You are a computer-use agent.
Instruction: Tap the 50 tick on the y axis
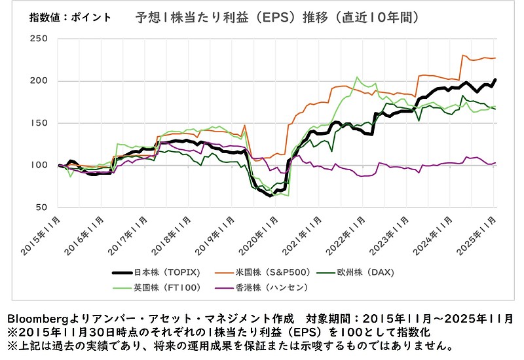click(x=41, y=207)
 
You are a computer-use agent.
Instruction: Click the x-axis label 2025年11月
click(x=480, y=234)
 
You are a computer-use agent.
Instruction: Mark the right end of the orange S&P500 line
click(x=495, y=58)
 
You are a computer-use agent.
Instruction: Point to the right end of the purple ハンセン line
click(x=495, y=162)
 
